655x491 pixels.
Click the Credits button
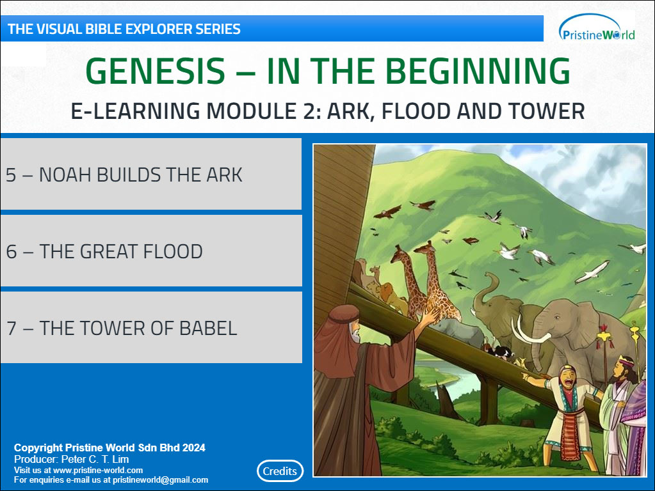point(280,471)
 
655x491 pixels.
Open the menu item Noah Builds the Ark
point(151,174)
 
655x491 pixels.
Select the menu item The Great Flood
point(151,251)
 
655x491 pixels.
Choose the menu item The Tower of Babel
point(151,327)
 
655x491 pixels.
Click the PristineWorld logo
point(597,28)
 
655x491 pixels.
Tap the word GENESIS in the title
point(156,71)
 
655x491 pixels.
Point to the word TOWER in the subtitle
point(546,111)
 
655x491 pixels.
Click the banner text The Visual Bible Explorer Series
point(124,29)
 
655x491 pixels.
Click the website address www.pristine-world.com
point(98,470)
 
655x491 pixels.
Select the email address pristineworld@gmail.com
point(161,479)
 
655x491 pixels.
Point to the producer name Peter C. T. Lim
point(95,459)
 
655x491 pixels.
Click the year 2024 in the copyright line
point(194,448)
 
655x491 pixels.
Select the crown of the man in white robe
point(626,361)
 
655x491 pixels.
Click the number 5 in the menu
point(11,175)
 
